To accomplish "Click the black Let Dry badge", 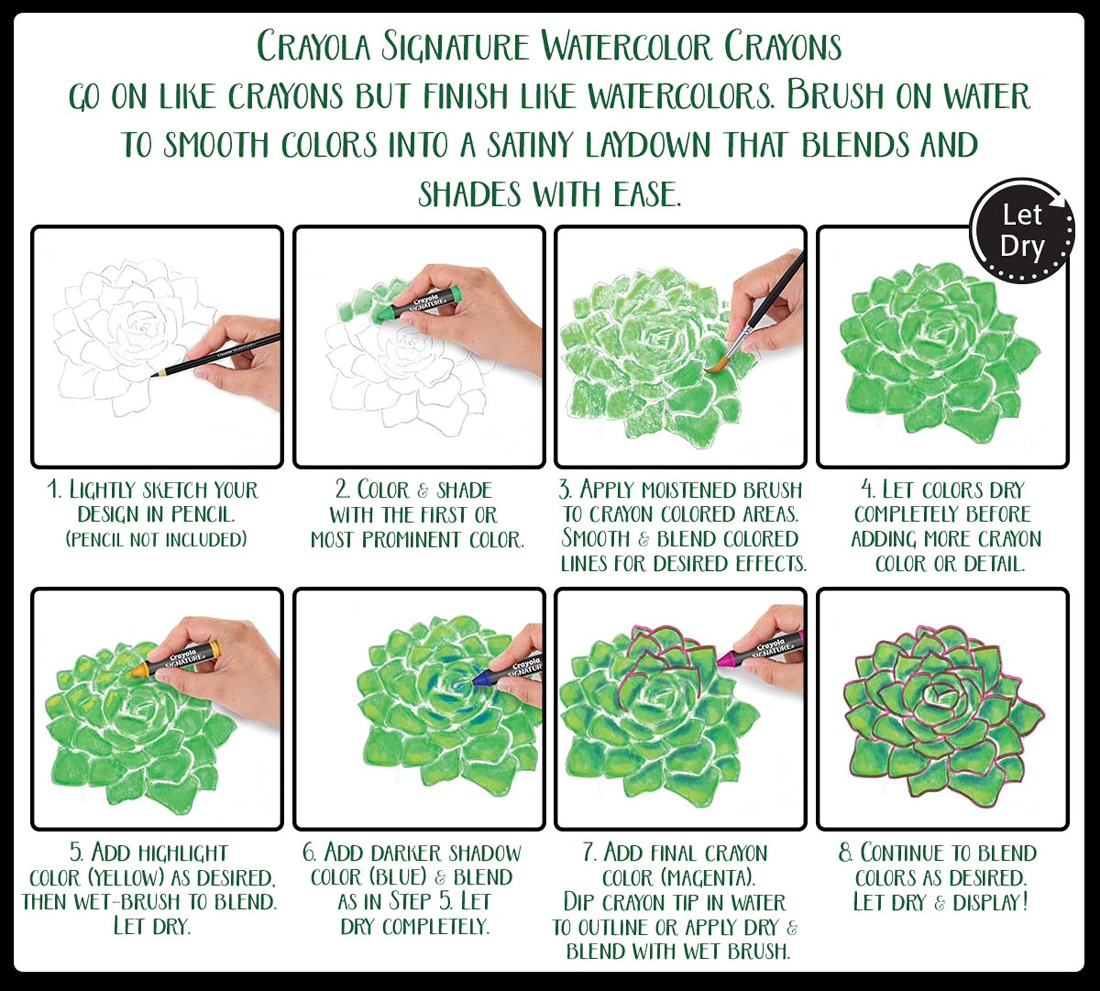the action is (x=1022, y=231).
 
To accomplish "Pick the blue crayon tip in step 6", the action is (x=480, y=679).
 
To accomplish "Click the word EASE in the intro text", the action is (x=647, y=193).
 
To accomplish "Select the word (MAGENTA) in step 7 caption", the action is (x=708, y=878).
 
